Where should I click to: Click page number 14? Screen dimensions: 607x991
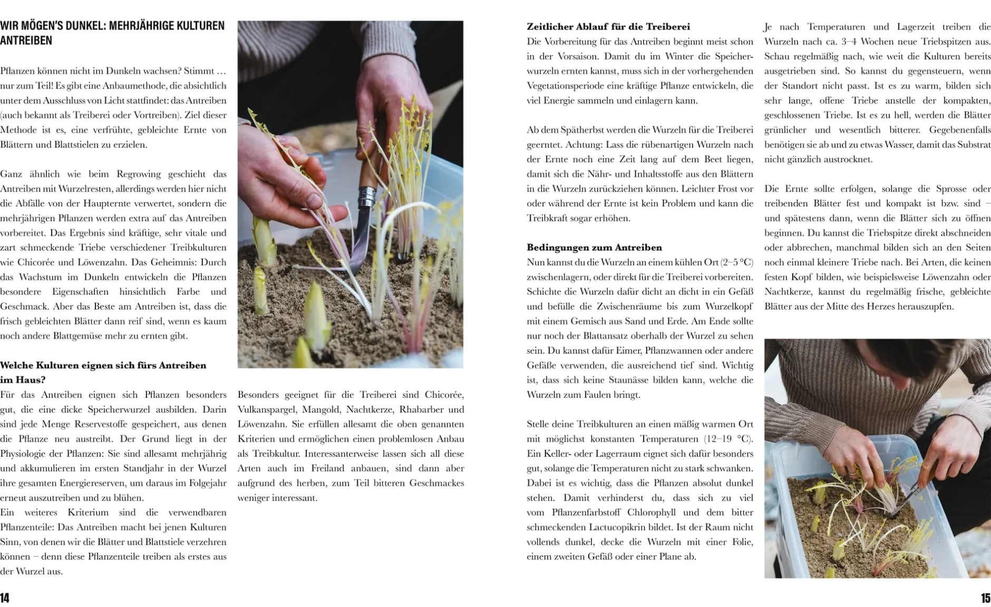5,598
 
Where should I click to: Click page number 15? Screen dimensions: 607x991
985,598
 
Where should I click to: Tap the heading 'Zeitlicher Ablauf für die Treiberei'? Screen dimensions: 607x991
608,26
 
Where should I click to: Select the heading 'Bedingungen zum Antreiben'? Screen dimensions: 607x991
594,247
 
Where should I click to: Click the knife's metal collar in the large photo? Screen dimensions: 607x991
366,197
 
